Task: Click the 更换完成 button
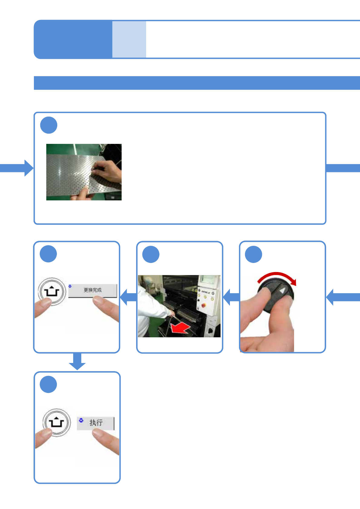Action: click(93, 290)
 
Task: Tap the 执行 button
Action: click(96, 423)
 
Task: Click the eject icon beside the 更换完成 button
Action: click(52, 292)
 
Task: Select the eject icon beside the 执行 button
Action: click(57, 422)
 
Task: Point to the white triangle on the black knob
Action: click(283, 290)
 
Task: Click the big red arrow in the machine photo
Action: click(180, 328)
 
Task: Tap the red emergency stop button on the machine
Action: click(203, 306)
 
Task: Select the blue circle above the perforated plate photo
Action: click(49, 125)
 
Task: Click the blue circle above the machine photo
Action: click(151, 254)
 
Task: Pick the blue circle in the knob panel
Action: click(254, 254)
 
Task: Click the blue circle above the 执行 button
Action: click(48, 384)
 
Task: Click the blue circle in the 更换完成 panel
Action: click(48, 254)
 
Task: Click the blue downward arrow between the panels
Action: click(77, 361)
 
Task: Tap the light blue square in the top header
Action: click(129, 39)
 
